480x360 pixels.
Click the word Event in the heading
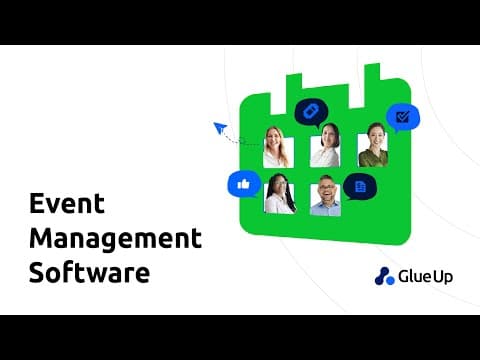point(67,203)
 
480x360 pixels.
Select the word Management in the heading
point(115,238)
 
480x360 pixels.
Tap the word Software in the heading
point(89,272)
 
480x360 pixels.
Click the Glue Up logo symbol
point(384,276)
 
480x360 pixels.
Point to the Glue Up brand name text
point(425,276)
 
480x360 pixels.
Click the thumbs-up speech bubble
point(244,184)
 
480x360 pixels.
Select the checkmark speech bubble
point(403,118)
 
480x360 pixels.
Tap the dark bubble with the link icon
point(311,112)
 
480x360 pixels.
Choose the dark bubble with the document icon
point(360,187)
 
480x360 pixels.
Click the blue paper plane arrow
point(220,128)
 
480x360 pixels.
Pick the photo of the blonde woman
point(278,147)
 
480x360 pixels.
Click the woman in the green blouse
point(373,145)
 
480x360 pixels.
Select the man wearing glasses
point(325,196)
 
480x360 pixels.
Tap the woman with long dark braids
point(280,194)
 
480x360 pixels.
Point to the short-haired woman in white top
point(325,146)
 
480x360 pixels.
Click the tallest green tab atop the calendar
point(372,85)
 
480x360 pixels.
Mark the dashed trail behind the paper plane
point(241,140)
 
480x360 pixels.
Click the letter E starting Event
point(37,203)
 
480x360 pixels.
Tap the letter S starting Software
point(37,272)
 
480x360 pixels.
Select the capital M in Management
point(40,238)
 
